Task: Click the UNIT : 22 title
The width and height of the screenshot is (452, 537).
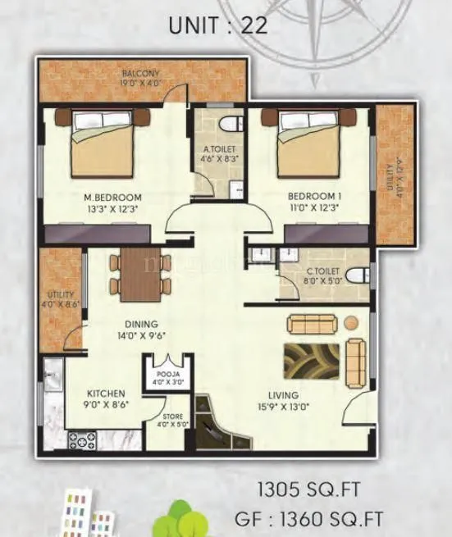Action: [217, 25]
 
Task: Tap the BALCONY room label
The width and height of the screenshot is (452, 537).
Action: [141, 73]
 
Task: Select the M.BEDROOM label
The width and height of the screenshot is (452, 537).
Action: [112, 197]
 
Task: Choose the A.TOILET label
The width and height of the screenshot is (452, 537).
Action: [221, 149]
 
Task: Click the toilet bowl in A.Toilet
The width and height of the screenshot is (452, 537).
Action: [232, 124]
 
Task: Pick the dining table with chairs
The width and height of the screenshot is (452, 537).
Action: [140, 274]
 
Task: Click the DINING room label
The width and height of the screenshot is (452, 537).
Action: [141, 324]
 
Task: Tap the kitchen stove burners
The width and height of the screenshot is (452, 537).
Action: [82, 440]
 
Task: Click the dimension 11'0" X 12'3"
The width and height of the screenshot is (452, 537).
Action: [314, 208]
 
